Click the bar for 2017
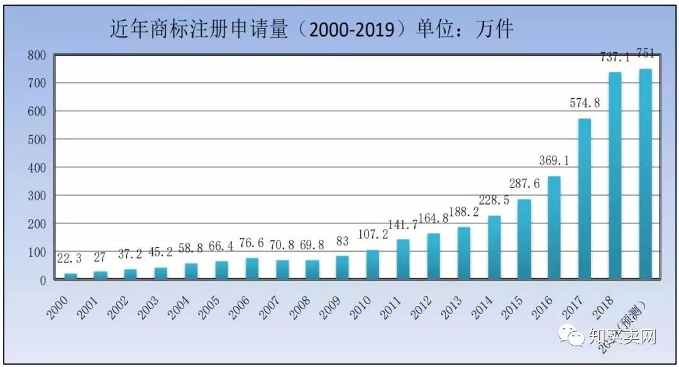[x=585, y=199]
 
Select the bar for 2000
[x=70, y=276]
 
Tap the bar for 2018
[x=615, y=176]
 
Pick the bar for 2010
[x=373, y=265]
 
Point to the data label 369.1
[x=554, y=161]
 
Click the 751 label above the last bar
[x=645, y=53]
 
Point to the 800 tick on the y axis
[x=37, y=55]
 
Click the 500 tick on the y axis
[x=37, y=140]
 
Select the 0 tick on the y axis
[x=43, y=280]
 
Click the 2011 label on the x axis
[x=389, y=308]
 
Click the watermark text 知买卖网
[x=622, y=337]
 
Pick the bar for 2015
[x=524, y=239]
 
